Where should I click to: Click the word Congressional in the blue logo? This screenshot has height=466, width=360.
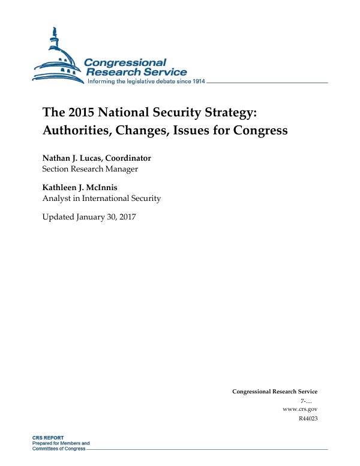(125, 63)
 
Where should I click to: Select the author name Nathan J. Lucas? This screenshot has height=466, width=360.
(70, 158)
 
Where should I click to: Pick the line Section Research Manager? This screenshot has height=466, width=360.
(90, 169)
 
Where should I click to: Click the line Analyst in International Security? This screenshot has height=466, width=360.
(101, 198)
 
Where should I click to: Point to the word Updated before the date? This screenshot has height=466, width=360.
(58, 217)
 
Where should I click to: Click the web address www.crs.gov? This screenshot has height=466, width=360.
(299, 408)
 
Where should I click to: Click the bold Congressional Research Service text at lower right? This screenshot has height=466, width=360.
(274, 392)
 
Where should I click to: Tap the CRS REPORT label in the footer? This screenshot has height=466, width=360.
(48, 438)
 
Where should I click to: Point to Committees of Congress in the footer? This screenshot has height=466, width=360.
(59, 449)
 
